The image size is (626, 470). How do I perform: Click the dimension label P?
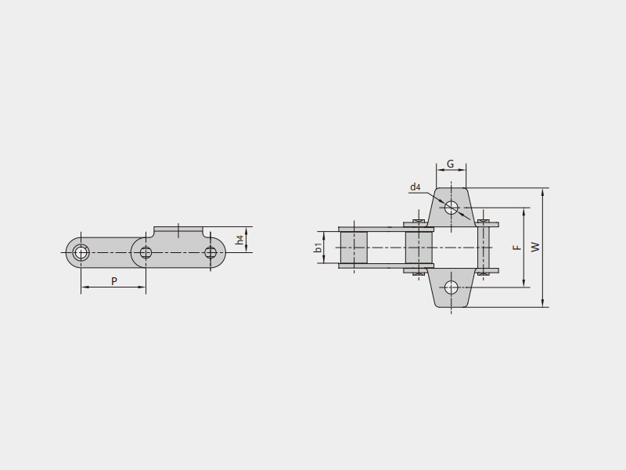[x=114, y=281]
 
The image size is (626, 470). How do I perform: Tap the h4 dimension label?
[x=239, y=240]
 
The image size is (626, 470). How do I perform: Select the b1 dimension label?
[x=318, y=248]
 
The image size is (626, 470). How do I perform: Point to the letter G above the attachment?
[x=451, y=164]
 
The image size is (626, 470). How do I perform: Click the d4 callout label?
[x=416, y=186]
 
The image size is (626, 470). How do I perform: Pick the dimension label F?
[x=517, y=248]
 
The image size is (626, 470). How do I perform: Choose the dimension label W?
[x=535, y=247]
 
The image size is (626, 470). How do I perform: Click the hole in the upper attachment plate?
[x=452, y=208]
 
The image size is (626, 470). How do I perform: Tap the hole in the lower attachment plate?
[x=452, y=287]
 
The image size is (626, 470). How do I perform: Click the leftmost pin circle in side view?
[x=81, y=252]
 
